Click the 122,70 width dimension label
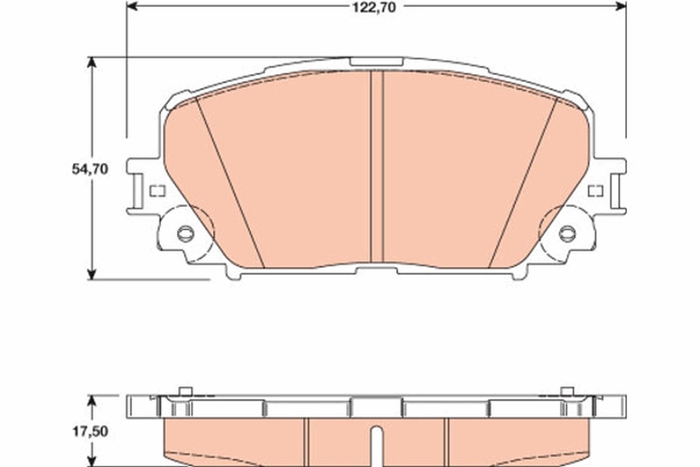tap(376, 6)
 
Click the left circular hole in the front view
tap(185, 233)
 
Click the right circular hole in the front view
tap(567, 233)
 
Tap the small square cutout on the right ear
tap(595, 190)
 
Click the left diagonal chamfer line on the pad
tap(230, 184)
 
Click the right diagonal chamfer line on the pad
tap(523, 184)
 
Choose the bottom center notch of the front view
tap(377, 270)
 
